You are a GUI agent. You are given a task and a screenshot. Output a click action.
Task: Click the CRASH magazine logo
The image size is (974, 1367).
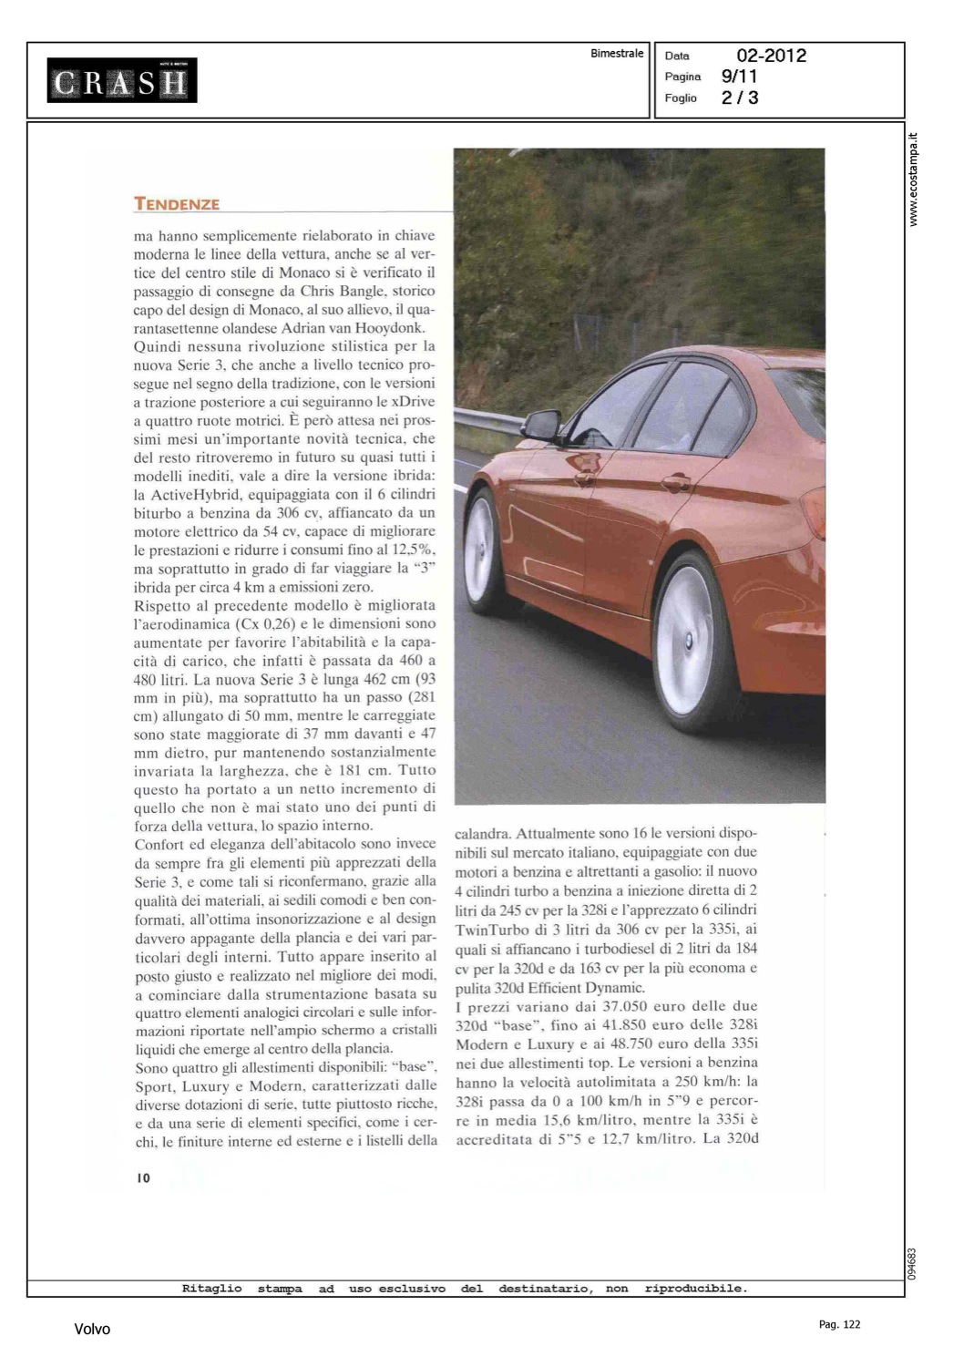click(x=122, y=82)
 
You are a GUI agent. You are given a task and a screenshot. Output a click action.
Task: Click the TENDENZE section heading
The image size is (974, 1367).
click(x=177, y=204)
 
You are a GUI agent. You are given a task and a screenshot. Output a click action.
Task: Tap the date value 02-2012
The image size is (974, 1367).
click(x=771, y=56)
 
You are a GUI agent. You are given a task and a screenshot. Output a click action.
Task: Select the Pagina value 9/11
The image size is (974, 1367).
click(x=739, y=77)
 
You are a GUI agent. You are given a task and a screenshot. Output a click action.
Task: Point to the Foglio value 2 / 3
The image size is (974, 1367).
click(x=739, y=98)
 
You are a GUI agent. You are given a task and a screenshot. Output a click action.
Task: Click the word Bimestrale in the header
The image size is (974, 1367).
click(x=617, y=54)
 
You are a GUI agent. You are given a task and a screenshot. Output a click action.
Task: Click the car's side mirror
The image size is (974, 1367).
click(x=541, y=425)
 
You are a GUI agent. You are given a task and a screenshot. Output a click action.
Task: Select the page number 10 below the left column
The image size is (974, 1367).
click(x=143, y=1177)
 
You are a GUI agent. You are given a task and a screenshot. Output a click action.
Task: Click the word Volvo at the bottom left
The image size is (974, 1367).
click(x=92, y=1330)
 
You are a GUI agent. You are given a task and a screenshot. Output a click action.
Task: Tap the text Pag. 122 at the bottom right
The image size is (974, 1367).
click(x=839, y=1324)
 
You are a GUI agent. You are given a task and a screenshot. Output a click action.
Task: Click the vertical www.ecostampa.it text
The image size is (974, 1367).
click(x=915, y=180)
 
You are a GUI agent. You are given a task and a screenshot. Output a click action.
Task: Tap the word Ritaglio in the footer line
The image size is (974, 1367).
click(x=212, y=1289)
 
